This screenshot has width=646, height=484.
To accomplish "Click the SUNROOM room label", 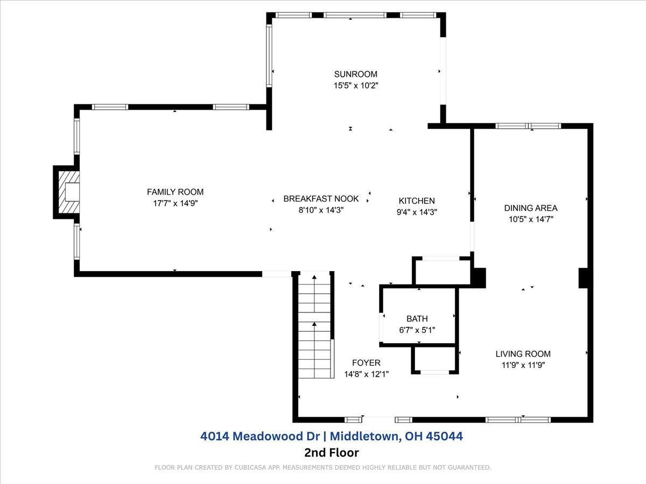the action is point(355,74).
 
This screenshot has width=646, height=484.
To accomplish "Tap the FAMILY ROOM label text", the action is point(175,192).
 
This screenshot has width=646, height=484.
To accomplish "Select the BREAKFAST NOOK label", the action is point(321,198).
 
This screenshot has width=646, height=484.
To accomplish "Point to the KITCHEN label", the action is point(417,201).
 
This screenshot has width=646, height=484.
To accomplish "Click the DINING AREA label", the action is point(531,208).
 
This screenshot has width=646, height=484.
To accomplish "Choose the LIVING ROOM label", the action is point(523,354).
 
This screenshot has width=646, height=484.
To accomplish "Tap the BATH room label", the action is point(417,318).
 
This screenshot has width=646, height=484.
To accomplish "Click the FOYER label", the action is point(366,362).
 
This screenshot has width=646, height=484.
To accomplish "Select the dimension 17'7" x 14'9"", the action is point(175,203).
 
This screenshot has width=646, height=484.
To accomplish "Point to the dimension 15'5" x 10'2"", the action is point(355,86).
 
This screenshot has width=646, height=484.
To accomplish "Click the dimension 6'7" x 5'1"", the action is point(417,330).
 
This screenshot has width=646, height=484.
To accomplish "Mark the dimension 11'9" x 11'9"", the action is point(523,365).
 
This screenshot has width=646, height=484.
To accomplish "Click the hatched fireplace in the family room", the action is point(69,192).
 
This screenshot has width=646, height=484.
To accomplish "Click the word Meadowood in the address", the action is point(276,436).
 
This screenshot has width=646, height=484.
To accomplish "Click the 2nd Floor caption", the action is point(332,453).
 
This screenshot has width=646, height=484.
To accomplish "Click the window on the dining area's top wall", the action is point(528,126).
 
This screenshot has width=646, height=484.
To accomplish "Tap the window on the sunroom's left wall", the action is point(269,55).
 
